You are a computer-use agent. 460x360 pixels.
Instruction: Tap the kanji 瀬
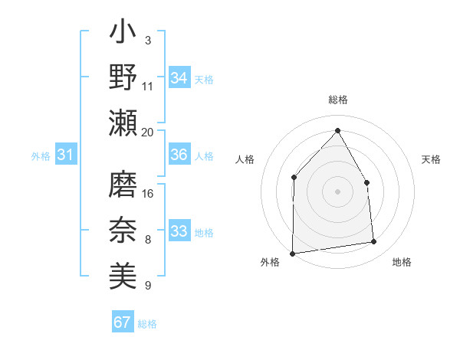(123, 123)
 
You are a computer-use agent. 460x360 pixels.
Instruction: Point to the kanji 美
(123, 274)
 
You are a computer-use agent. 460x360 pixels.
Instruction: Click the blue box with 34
(179, 78)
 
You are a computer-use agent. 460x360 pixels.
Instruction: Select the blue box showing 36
(179, 155)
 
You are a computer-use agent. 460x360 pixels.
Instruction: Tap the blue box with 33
(179, 231)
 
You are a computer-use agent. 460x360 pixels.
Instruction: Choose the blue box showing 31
(65, 155)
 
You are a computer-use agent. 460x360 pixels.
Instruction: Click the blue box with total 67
(123, 322)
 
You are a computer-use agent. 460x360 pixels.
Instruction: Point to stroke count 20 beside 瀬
(147, 132)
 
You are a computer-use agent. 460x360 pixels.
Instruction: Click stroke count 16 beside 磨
(149, 193)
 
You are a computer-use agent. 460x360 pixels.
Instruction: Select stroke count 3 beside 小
(147, 40)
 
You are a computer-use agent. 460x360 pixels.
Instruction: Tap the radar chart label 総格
(337, 100)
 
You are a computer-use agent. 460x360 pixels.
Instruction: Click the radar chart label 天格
(431, 159)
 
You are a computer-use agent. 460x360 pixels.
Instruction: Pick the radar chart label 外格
(270, 262)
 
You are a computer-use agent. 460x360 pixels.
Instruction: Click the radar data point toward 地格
(374, 242)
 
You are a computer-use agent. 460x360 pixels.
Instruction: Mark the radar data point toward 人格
(294, 178)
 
